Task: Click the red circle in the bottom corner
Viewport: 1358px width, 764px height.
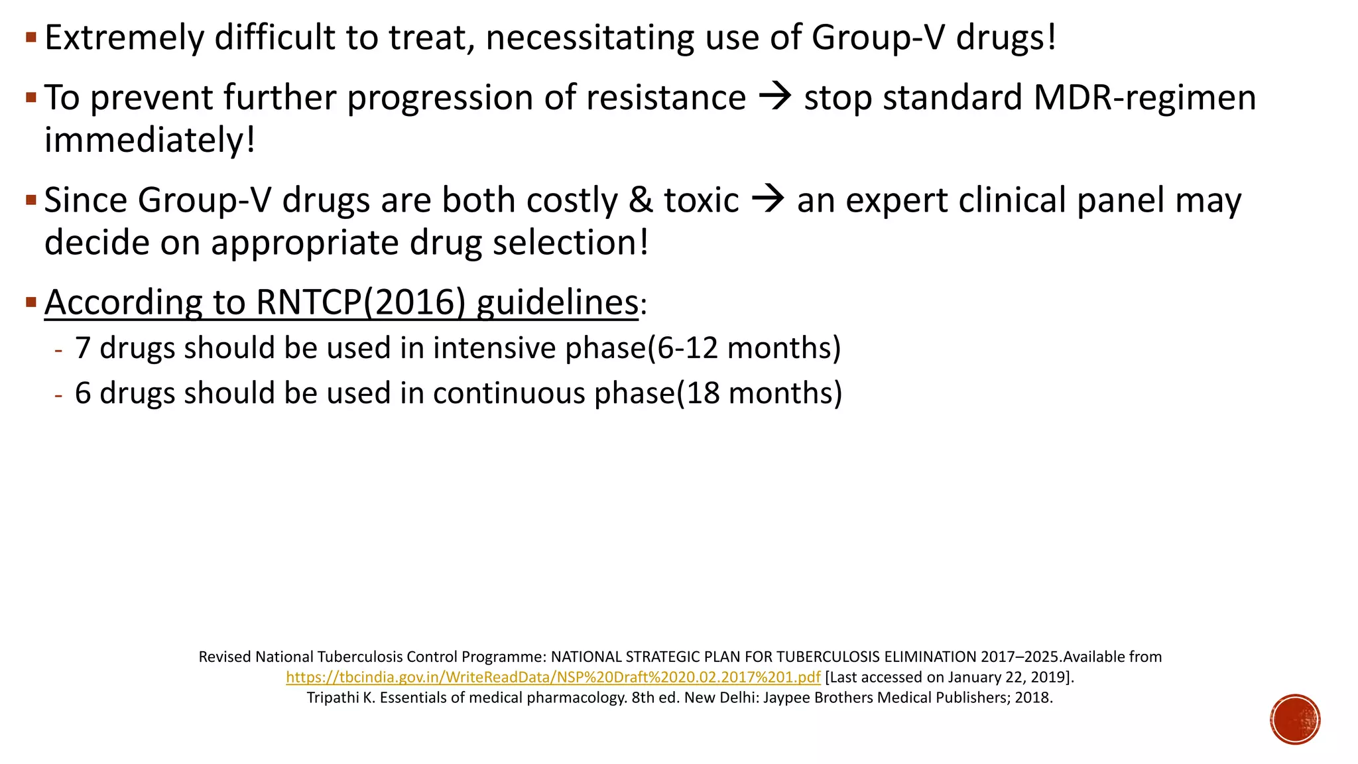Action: point(1295,720)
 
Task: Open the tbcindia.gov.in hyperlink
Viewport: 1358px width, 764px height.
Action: point(553,677)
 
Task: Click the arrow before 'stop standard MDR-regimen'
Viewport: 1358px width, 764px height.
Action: point(774,97)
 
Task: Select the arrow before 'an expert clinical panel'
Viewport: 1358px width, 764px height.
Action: point(768,199)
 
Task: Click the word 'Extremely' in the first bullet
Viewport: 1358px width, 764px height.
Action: point(124,38)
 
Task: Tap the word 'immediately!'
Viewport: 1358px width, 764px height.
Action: point(150,140)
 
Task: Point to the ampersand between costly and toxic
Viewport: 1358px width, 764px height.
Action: point(641,200)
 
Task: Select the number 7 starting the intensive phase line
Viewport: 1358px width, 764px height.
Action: point(82,348)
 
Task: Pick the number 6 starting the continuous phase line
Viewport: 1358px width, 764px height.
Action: point(82,393)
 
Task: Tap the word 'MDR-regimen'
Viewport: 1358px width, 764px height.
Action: point(1144,97)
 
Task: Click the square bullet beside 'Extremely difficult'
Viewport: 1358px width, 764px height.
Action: point(31,37)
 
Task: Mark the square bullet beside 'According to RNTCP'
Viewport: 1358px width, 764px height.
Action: point(31,302)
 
